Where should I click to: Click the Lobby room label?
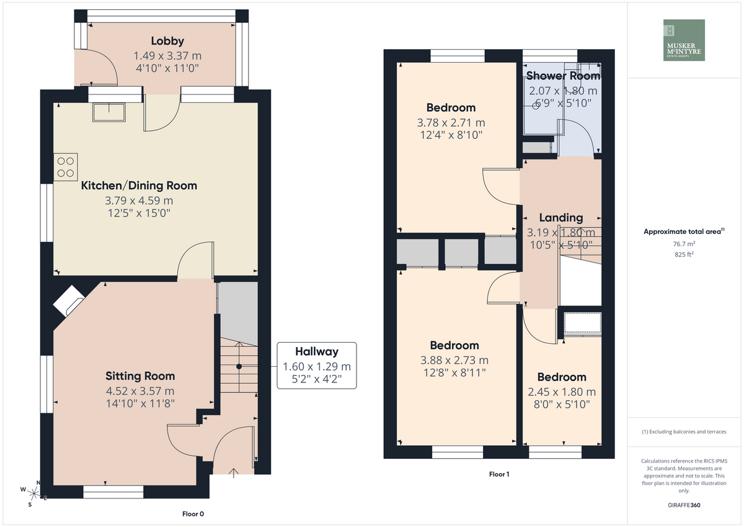pos(167,41)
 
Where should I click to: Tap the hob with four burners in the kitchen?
pos(66,167)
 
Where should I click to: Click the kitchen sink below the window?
pos(109,112)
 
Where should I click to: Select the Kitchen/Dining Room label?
pos(139,186)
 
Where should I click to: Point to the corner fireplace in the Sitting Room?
pos(69,301)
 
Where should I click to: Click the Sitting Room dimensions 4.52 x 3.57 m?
pos(140,391)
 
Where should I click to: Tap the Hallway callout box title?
pos(317,351)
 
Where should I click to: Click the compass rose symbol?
pos(33,493)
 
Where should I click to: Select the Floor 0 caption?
pos(193,514)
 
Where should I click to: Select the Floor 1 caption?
pos(499,474)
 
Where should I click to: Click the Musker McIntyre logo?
pos(684,40)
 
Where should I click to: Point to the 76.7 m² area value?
pos(684,244)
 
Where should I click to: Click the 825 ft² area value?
pos(684,254)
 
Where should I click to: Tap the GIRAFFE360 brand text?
pos(684,505)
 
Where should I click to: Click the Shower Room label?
pos(564,76)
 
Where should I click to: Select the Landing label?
pos(561,217)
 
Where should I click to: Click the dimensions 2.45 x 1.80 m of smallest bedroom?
pos(562,392)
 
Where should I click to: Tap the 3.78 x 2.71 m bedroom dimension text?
pos(451,123)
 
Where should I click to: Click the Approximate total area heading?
pos(684,232)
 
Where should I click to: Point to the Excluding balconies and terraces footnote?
pos(684,431)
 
